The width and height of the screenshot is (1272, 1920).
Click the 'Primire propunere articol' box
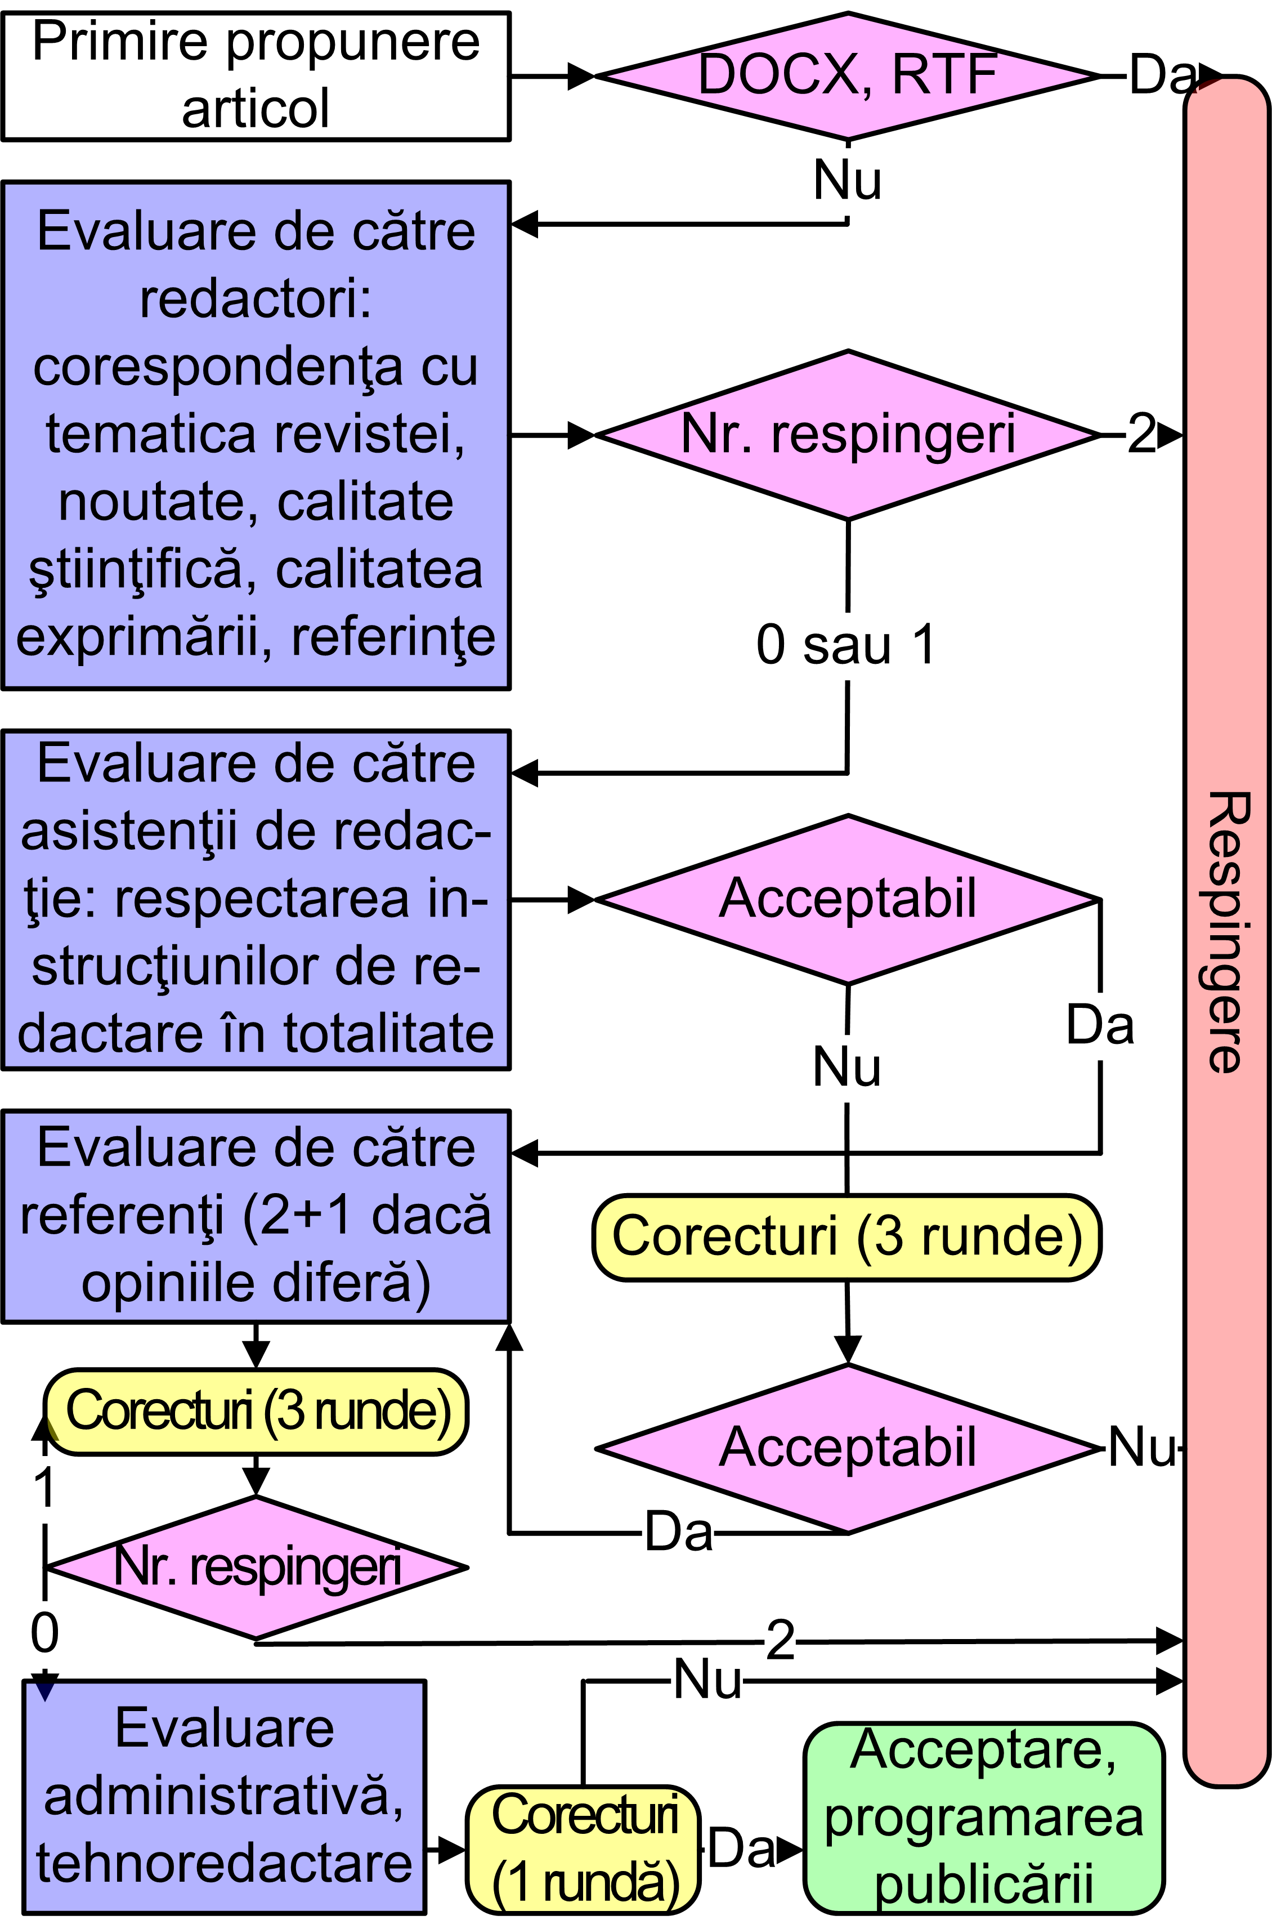pos(256,75)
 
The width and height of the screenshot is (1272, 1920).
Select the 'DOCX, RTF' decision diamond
pos(848,75)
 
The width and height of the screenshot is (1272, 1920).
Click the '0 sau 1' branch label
pos(846,645)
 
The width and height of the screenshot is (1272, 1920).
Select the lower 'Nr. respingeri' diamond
pos(256,1566)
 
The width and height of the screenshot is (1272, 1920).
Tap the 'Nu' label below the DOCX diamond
pos(847,180)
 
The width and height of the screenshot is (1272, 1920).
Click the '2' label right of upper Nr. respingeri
pos(1141,434)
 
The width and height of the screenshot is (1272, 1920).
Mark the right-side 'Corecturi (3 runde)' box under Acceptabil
pos(847,1236)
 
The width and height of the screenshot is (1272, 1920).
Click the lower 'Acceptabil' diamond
pos(848,1449)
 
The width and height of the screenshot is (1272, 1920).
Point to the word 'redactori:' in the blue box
pos(256,298)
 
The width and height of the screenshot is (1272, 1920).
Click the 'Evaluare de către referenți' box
pos(256,1216)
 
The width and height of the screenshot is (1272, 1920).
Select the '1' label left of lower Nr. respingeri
pos(44,1488)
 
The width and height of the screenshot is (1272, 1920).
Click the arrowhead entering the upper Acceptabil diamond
pos(581,899)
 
